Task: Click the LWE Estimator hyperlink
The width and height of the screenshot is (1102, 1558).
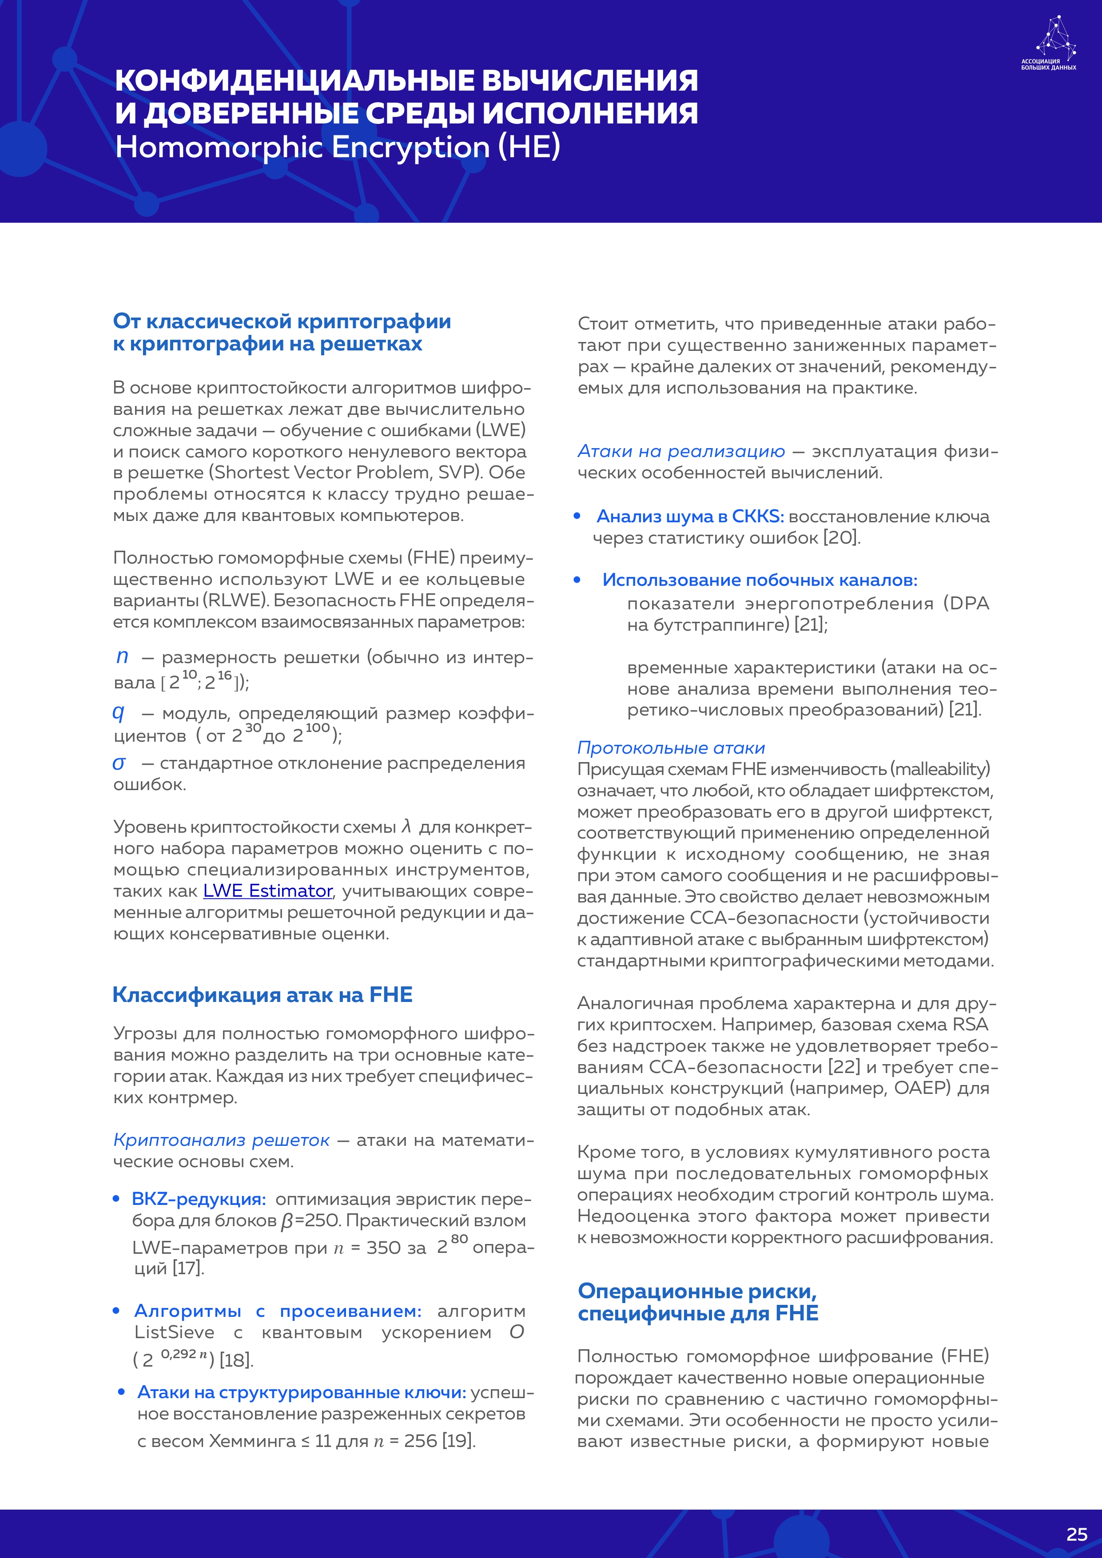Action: [267, 890]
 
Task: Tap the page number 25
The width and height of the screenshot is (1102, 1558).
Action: [1076, 1534]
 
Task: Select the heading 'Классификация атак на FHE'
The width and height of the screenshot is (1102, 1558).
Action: [262, 995]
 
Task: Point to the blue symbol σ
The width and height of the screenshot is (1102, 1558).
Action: [119, 763]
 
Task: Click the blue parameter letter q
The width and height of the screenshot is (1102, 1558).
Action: [119, 712]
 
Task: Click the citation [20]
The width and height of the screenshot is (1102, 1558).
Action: [841, 538]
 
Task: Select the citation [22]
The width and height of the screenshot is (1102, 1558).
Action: [844, 1067]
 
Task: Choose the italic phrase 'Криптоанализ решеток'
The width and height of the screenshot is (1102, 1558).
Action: [221, 1140]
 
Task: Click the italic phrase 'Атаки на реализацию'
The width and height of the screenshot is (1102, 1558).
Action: [680, 451]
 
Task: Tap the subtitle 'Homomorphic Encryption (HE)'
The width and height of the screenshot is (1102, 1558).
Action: [337, 147]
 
